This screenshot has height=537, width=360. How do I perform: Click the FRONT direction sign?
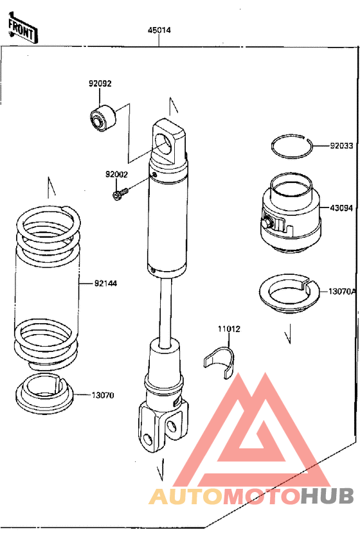22,29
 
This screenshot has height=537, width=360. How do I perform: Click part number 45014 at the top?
159,30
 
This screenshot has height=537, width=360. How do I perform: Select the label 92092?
100,84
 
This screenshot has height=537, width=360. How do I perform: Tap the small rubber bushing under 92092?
103,118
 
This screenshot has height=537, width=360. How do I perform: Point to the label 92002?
116,174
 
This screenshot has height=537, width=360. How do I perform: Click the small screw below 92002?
120,194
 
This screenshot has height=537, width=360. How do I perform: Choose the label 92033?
341,146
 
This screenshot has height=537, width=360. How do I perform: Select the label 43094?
341,207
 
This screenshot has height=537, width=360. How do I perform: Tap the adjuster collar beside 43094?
290,219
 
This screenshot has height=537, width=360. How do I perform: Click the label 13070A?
342,292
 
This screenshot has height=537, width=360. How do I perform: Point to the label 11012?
229,329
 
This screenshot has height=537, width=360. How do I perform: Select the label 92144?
105,283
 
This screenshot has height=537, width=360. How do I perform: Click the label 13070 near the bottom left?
103,395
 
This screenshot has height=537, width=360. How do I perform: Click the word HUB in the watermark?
327,496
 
